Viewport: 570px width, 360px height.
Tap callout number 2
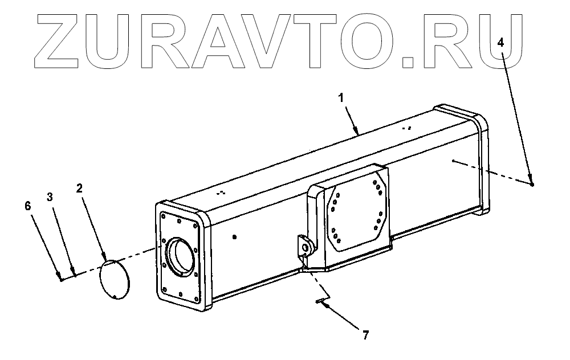pyautogui.click(x=80, y=187)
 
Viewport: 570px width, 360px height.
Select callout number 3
pyautogui.click(x=50, y=197)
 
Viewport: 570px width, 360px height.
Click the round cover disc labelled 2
pyautogui.click(x=114, y=279)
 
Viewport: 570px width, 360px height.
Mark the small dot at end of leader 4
pyautogui.click(x=531, y=184)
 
